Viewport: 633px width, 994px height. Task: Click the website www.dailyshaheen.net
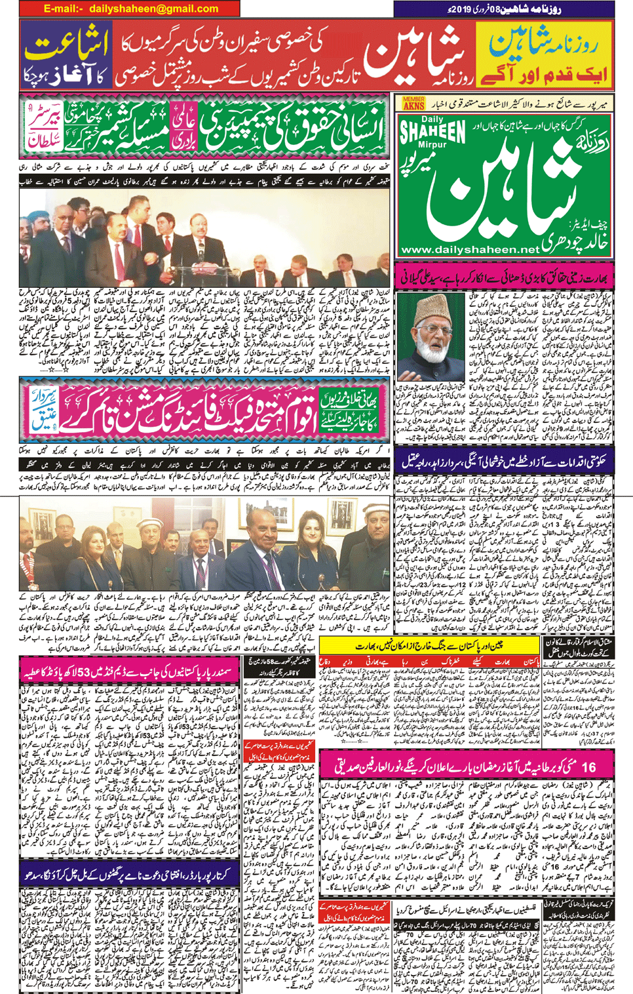point(469,250)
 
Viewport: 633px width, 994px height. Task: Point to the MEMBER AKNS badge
point(413,103)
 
